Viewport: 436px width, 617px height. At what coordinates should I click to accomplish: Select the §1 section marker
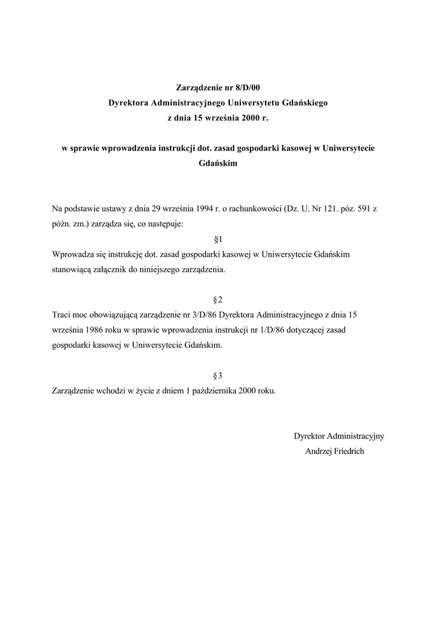218,239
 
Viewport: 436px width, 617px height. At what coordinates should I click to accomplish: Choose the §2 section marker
218,299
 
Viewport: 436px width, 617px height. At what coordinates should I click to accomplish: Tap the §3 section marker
218,375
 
